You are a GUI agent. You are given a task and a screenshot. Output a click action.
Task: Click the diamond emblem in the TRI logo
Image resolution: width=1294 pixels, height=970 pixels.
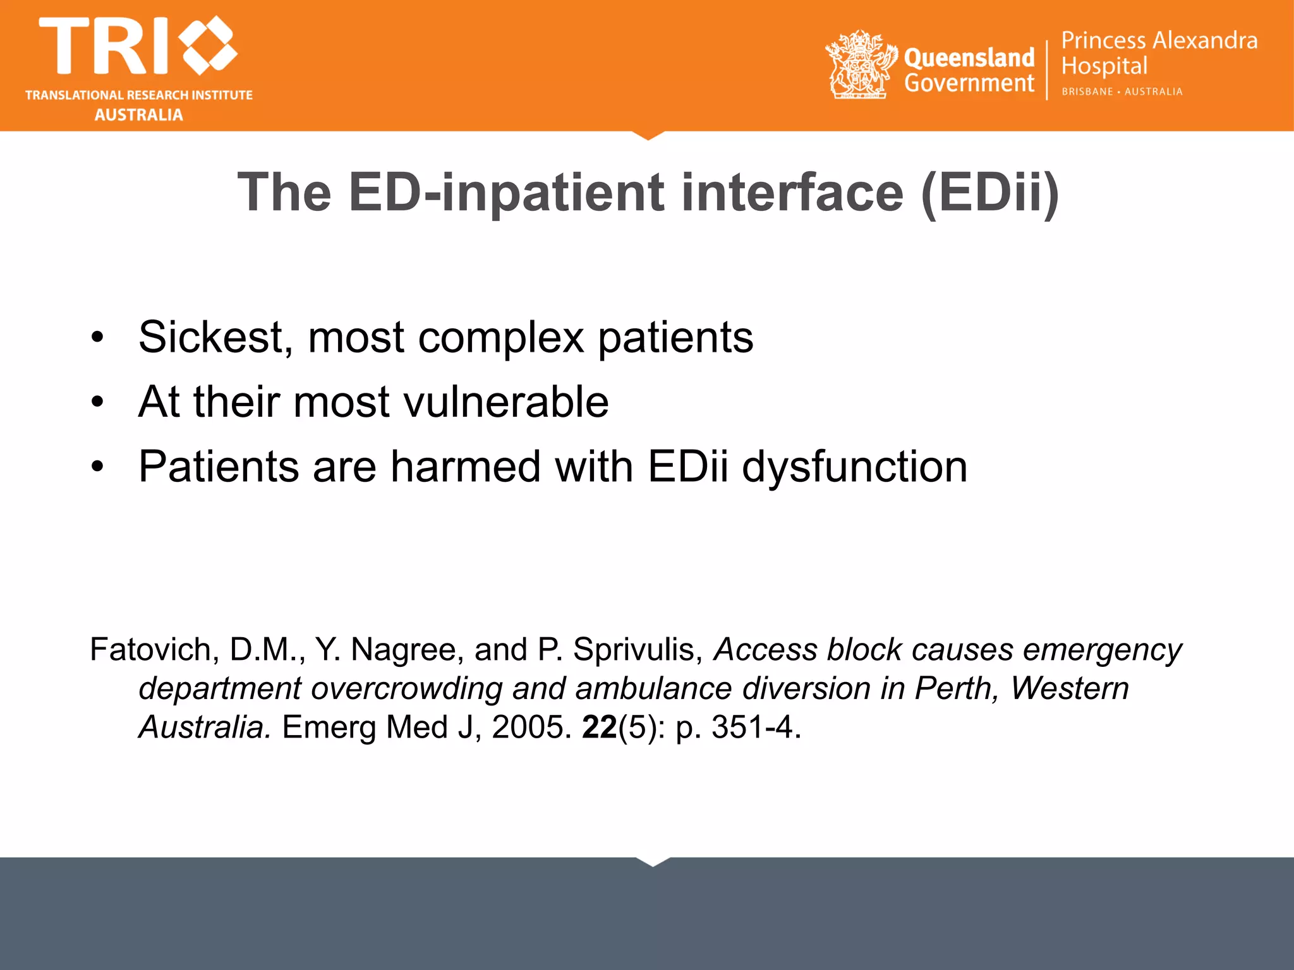coord(209,45)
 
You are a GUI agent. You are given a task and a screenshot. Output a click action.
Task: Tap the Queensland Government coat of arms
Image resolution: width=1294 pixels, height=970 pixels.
coord(861,64)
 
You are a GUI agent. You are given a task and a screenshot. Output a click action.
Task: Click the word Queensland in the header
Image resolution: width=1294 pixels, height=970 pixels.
coord(969,58)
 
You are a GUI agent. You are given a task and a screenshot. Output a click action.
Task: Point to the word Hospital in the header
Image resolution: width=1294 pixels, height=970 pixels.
coord(1104,66)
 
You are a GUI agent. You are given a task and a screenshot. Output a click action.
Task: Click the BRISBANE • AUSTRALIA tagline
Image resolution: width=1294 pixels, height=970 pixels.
coord(1122,92)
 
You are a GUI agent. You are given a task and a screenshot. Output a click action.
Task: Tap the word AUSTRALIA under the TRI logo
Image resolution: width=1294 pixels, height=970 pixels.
coord(139,115)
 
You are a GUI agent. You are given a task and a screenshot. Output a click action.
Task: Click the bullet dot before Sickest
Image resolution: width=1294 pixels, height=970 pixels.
coord(97,337)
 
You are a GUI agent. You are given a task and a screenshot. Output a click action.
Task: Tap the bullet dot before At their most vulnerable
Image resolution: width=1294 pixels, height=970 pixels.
coord(97,402)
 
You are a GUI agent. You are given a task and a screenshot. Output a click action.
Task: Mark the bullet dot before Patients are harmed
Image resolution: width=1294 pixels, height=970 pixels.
coord(97,467)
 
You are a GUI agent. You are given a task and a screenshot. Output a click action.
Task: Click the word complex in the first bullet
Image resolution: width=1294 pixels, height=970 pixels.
coord(501,337)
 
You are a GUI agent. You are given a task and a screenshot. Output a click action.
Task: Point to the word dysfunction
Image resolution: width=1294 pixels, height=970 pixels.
coord(854,467)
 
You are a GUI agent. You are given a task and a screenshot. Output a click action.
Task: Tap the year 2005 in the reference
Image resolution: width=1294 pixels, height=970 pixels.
coord(531,727)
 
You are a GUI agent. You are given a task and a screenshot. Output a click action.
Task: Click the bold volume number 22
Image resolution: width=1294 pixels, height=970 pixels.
coord(599,727)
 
